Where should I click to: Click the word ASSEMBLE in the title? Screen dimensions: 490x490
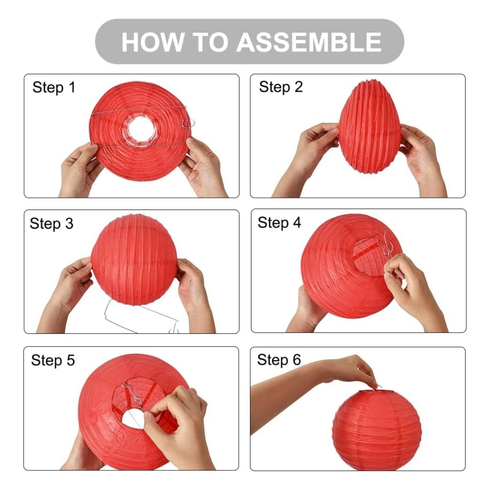[309, 42]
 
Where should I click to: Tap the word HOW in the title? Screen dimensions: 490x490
[152, 42]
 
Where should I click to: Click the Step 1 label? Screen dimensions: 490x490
[54, 87]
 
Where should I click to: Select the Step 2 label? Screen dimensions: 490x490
[281, 87]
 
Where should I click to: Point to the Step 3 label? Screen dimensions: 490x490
[52, 223]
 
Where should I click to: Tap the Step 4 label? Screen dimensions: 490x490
[279, 223]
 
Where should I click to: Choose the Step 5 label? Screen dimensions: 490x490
[53, 360]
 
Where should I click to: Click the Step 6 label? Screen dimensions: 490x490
[279, 360]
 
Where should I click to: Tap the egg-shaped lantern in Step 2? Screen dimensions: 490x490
[370, 126]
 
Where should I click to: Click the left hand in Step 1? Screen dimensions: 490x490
[80, 170]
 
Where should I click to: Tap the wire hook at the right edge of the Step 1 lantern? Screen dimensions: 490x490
[188, 123]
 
